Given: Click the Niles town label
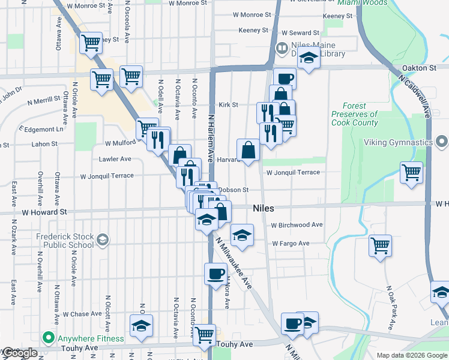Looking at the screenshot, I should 264,208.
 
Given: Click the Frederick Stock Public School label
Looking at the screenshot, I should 65,241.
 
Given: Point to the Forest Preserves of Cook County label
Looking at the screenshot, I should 355,114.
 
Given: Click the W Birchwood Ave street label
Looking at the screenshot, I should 297,225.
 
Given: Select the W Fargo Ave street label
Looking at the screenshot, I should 290,244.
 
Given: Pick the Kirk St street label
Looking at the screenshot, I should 228,104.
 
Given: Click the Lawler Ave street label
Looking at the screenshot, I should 114,159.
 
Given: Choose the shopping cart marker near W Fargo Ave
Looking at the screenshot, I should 380,245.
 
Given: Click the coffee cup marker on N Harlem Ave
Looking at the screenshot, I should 215,273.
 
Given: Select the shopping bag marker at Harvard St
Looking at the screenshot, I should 248,150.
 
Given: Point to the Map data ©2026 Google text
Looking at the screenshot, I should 412,355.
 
